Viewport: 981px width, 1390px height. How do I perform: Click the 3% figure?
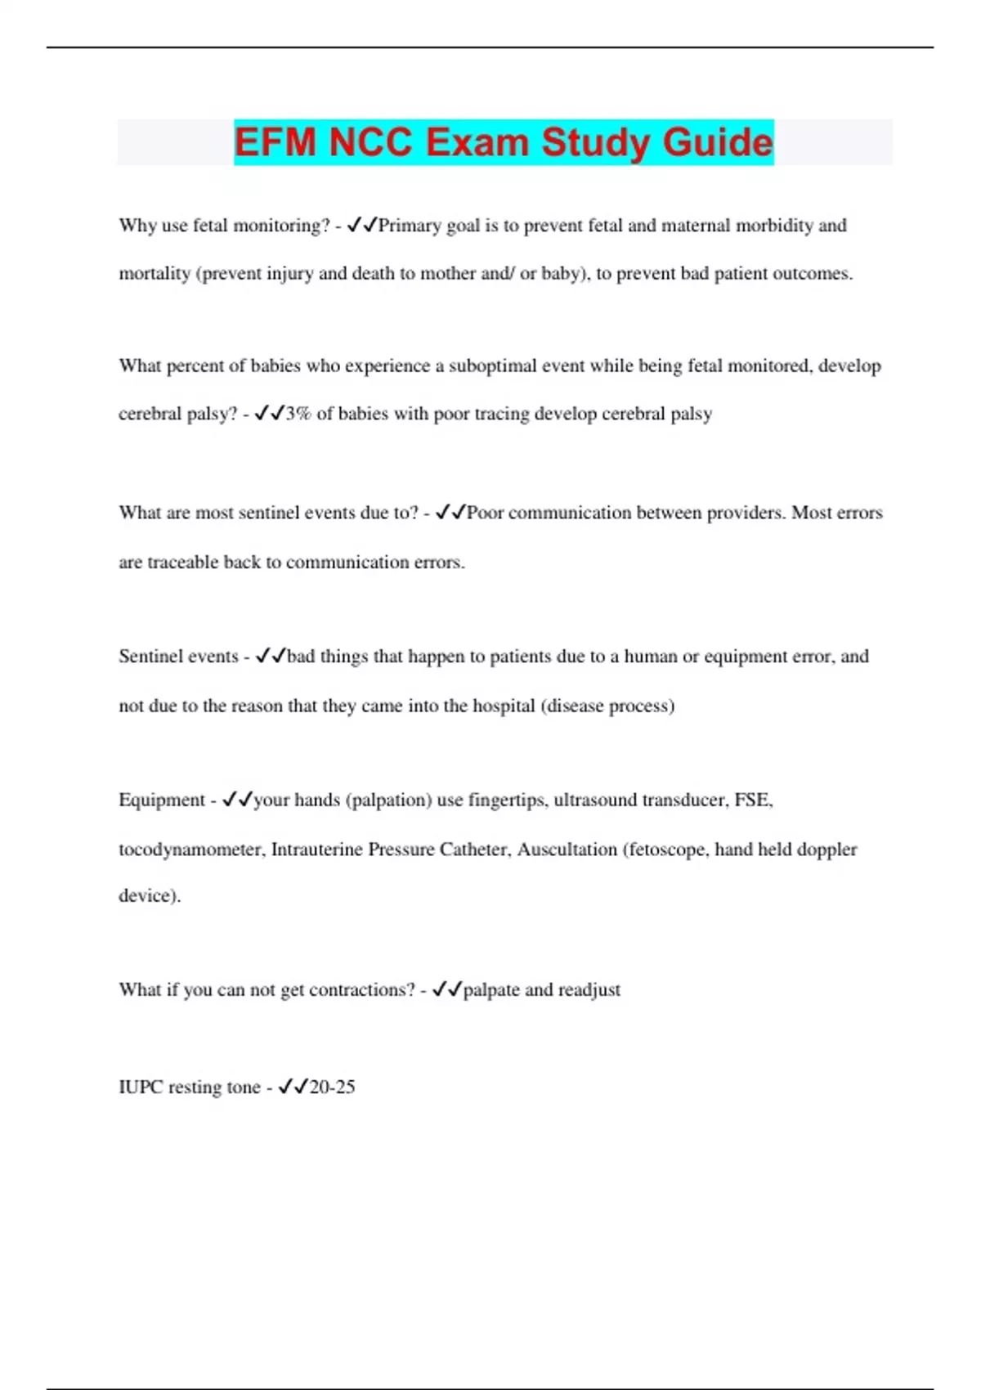click(x=298, y=414)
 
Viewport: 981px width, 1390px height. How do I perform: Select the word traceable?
click(x=182, y=563)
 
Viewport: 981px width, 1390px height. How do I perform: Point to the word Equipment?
click(x=162, y=800)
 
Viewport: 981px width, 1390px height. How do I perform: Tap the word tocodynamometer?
click(x=191, y=850)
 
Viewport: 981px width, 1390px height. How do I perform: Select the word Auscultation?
click(x=567, y=850)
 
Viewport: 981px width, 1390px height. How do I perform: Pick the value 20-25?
click(x=333, y=1087)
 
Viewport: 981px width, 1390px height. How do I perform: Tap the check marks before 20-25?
click(x=293, y=1087)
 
